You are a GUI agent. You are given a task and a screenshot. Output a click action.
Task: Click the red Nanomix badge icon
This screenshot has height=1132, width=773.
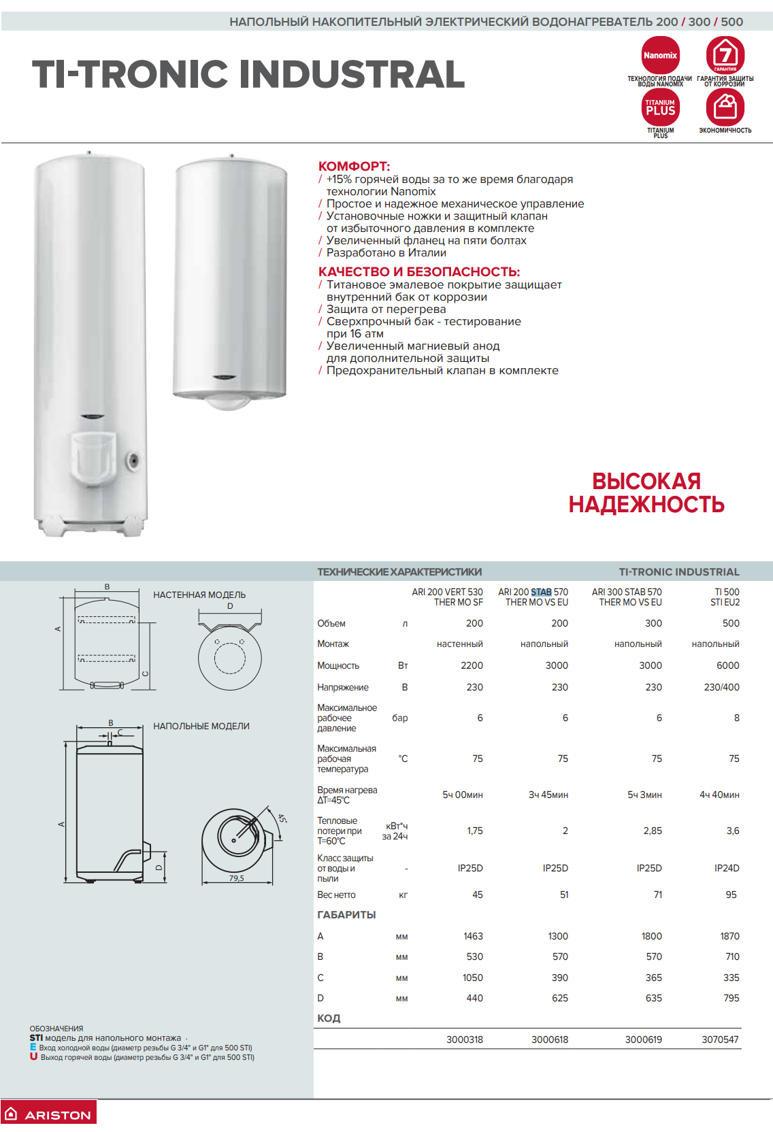[x=660, y=55]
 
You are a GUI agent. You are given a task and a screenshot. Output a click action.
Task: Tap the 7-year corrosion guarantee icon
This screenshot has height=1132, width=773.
[x=725, y=54]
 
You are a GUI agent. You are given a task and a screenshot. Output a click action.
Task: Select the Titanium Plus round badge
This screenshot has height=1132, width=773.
[x=660, y=107]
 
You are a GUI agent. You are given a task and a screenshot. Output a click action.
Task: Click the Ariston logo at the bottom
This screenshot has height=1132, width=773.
[x=49, y=1114]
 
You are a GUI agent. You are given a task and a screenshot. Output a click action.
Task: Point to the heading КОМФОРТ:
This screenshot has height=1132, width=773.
[x=354, y=167]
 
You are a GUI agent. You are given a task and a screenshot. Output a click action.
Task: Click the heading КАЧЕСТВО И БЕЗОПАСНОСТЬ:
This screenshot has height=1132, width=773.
[x=418, y=272]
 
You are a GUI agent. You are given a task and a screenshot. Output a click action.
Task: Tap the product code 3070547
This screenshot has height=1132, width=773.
[x=720, y=1039]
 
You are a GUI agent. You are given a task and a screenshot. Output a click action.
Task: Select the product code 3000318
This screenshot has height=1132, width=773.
[x=465, y=1039]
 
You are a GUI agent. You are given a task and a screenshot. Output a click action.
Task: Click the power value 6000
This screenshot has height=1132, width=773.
[x=727, y=665]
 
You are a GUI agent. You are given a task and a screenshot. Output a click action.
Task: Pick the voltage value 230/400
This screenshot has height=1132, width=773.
[x=721, y=687]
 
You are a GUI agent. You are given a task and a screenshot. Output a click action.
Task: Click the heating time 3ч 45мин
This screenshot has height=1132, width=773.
[x=548, y=795]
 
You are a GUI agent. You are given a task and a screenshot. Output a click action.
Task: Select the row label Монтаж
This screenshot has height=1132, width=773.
[x=333, y=644]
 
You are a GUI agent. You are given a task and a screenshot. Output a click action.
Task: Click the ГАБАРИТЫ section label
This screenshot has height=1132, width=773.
[x=346, y=915]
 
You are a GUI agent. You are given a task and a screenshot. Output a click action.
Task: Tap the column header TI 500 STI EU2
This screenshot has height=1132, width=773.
[x=725, y=597]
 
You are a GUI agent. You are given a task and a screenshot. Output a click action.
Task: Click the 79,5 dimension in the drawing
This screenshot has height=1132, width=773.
[x=236, y=878]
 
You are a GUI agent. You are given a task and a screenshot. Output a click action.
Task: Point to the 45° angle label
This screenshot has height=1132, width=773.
[x=282, y=819]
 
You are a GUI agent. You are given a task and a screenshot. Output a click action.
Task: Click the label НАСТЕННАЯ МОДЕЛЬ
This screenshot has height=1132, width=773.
[x=199, y=595]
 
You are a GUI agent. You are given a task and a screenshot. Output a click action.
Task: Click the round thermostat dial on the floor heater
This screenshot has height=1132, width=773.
[x=134, y=461]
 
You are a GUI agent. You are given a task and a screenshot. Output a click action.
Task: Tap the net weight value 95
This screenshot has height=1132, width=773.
[x=731, y=895]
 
